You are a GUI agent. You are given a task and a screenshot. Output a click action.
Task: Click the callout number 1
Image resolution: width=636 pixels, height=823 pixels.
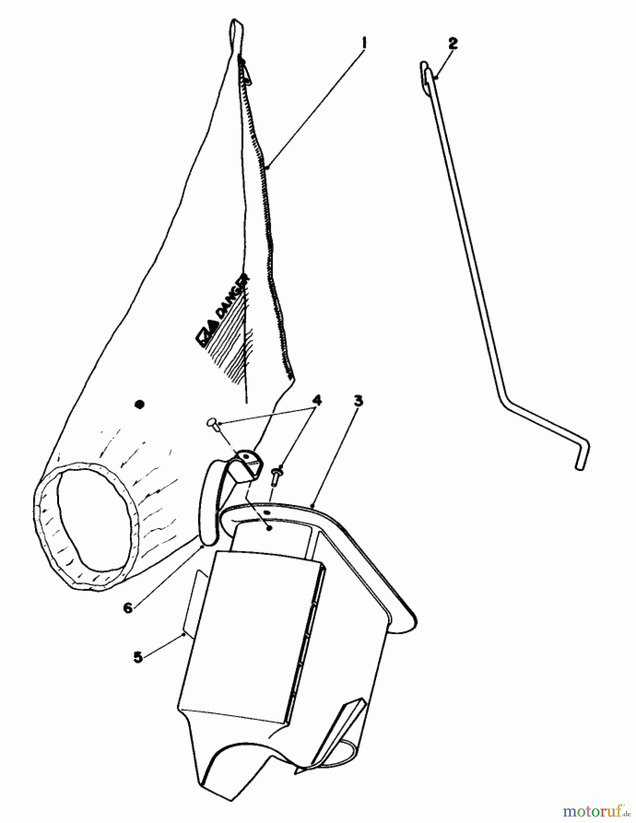[364, 43]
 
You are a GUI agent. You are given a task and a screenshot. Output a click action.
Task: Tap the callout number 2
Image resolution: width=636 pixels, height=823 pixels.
[453, 43]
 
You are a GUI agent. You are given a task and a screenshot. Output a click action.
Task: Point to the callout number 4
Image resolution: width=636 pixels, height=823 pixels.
[316, 401]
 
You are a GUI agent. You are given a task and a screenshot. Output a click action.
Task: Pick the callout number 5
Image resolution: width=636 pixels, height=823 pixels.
[138, 657]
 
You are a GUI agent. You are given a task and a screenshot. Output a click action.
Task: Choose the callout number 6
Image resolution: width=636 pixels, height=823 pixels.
[129, 608]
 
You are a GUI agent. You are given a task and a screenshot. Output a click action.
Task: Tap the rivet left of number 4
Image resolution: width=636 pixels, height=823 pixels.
[212, 423]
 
